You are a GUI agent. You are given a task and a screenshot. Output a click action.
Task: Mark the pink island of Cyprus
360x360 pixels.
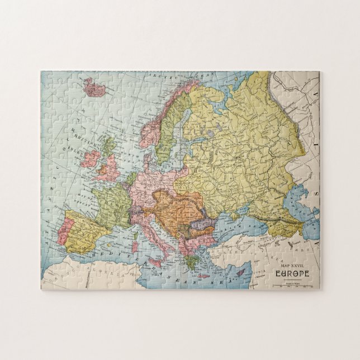tap(241, 273)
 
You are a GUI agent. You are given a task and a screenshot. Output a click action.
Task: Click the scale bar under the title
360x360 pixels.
tap(292, 285)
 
